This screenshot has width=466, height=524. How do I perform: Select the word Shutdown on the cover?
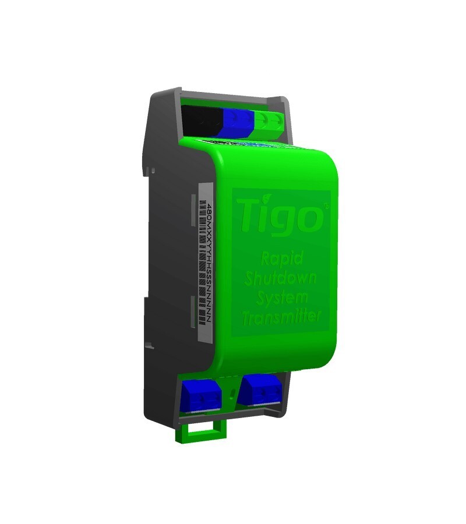pos(281,278)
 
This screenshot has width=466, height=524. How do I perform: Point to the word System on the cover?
pos(282,298)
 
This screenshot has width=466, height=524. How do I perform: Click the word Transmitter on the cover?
pos(282,317)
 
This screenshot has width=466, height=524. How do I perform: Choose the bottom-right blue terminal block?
pos(260,389)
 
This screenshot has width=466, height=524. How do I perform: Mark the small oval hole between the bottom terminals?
pos(233,395)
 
